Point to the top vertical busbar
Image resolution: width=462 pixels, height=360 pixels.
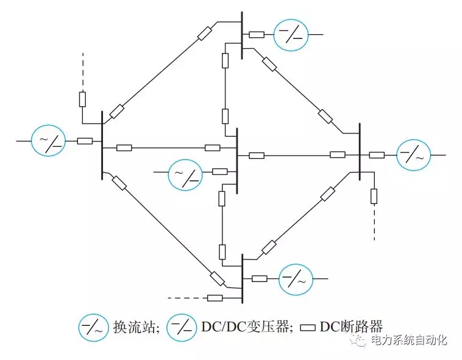tap(242, 35)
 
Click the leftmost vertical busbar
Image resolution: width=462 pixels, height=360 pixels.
tap(102, 146)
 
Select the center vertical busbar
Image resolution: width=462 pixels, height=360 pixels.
tap(237, 161)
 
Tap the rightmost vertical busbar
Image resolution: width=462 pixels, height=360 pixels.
tap(360, 152)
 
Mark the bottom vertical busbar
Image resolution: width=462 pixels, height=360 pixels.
tap(242, 278)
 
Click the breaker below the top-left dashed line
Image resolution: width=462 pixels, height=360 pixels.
tap(82, 99)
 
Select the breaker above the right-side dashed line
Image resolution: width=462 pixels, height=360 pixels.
tap(374, 196)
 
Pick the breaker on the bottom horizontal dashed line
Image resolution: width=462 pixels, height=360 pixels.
tap(215, 298)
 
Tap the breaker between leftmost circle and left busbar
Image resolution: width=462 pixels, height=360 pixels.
tap(85, 141)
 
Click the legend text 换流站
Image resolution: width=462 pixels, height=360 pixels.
tap(135, 326)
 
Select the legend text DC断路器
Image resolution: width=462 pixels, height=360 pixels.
tap(352, 326)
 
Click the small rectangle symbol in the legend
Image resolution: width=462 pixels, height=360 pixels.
tap(308, 328)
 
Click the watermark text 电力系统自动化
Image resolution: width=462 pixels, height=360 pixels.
tap(409, 341)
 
